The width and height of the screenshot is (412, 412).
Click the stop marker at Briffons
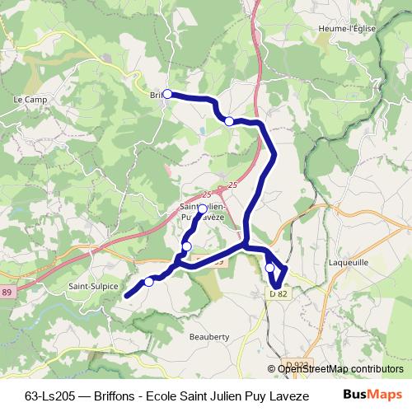pos(167,94)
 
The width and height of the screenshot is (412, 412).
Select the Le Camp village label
pos(30,100)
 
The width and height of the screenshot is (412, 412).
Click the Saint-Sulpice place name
pos(90,287)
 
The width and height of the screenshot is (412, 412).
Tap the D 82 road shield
pos(278,293)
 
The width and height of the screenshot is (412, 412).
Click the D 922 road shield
pos(299,363)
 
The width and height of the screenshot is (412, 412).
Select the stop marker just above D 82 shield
pos(270,268)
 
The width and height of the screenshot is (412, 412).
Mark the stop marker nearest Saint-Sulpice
pos(149,282)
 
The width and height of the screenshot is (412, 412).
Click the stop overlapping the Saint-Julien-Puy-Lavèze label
pos(202,209)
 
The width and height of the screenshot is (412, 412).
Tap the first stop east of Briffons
pos(229,121)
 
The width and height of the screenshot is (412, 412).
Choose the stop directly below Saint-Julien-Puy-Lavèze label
pos(187,246)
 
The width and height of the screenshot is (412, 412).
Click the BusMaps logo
pos(377,395)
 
